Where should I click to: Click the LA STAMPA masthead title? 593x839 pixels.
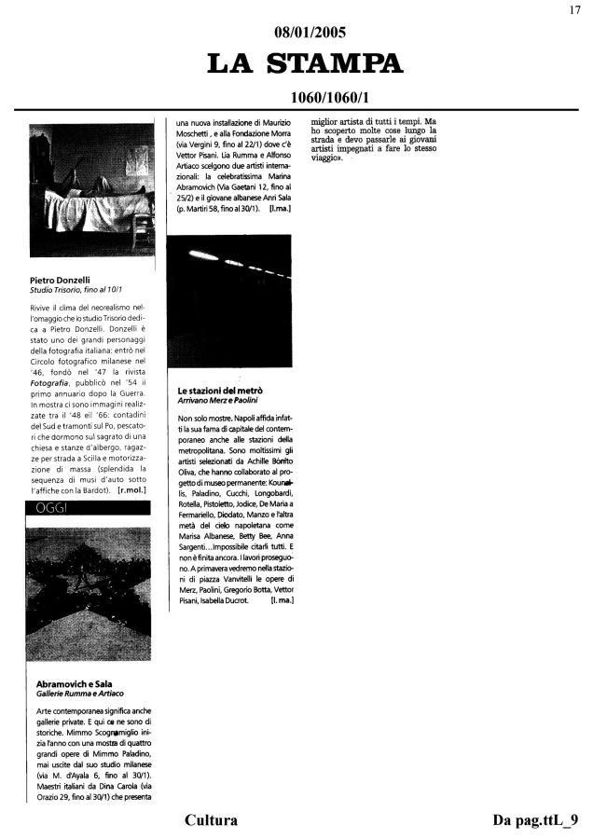(305, 63)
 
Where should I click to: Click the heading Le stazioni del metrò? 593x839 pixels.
(219, 388)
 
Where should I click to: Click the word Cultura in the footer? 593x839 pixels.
(212, 820)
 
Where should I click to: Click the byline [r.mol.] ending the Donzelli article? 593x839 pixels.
(135, 489)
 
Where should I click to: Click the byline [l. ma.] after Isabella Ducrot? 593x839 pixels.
(282, 601)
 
